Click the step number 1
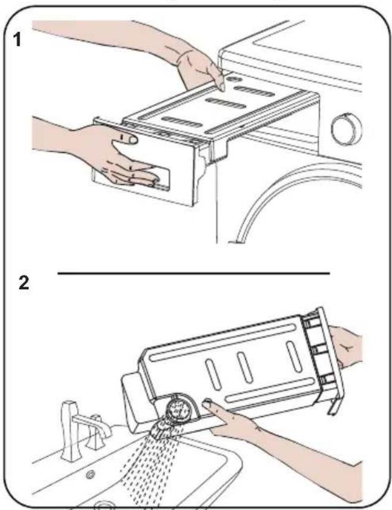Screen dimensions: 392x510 coord(17,40)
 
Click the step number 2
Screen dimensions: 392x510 coord(24,282)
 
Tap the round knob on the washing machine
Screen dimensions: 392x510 coord(347,130)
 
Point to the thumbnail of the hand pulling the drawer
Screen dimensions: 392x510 coord(132,140)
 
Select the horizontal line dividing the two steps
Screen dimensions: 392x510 coord(194,274)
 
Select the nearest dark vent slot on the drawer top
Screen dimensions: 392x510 coord(182,122)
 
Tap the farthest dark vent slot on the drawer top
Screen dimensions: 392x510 coord(255,91)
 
